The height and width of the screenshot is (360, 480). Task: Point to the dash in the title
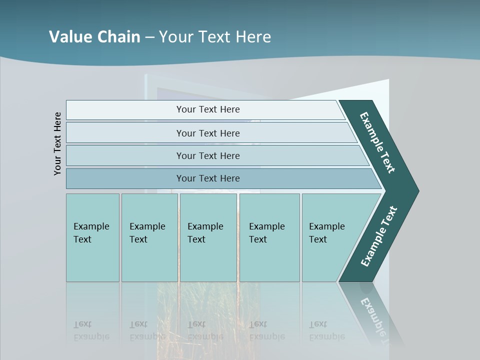coord(149,37)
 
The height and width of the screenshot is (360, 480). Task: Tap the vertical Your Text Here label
coord(57,143)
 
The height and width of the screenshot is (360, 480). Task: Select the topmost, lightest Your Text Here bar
coord(207,109)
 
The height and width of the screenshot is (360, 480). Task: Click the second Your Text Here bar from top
coord(207,133)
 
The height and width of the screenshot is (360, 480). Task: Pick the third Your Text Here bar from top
coord(207,155)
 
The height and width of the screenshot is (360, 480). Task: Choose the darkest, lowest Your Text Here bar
coord(207,178)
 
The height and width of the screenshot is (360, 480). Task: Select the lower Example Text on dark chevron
coord(379,236)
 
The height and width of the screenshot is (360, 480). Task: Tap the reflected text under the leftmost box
coord(91,330)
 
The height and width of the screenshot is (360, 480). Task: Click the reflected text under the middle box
coord(205,330)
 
